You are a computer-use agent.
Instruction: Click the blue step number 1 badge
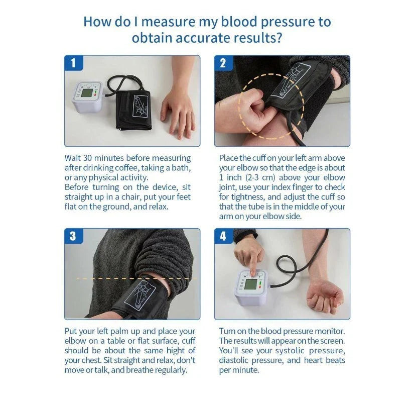point(73,63)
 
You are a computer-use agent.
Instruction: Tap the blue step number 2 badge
point(223,63)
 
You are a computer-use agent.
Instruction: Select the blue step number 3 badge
point(73,236)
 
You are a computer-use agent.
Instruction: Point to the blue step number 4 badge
point(223,236)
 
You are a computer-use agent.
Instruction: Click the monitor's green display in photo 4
point(250,284)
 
